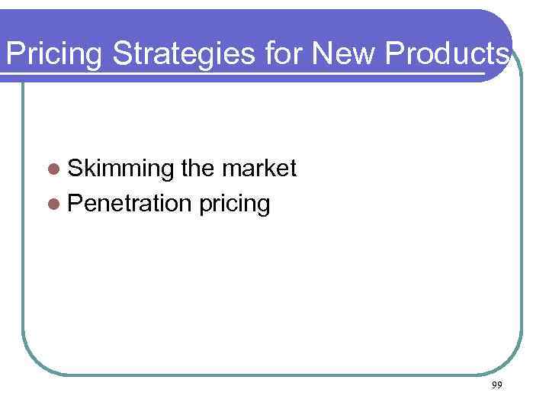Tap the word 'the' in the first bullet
(198, 169)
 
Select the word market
(259, 169)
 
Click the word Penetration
(128, 204)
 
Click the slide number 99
(496, 386)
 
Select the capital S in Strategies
(122, 54)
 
